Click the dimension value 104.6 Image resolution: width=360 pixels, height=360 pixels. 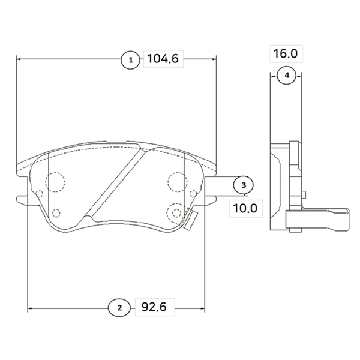point(163,59)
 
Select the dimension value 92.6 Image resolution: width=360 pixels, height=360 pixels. point(154,307)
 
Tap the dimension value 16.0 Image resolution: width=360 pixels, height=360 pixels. point(286,53)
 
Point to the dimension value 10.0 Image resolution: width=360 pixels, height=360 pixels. point(245,208)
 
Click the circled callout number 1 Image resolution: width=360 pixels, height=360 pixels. point(130,60)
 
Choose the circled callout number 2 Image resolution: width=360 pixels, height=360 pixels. point(119,308)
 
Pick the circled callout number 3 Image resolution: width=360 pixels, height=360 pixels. point(244,185)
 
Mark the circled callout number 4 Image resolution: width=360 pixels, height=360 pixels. point(287,75)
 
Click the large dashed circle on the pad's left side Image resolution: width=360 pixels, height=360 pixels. point(55,182)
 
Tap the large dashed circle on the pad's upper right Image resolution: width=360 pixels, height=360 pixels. point(177,182)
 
